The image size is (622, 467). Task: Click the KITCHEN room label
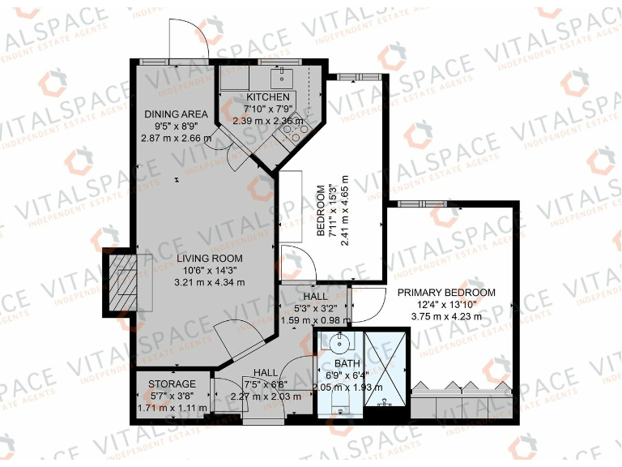tap(266, 97)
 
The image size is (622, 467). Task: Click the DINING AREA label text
tap(176, 114)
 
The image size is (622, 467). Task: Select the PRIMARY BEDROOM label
tap(445, 292)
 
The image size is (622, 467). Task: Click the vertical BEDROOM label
tap(321, 211)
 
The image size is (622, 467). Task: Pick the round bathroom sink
tap(339, 341)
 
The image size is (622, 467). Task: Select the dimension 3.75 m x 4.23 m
tap(445, 316)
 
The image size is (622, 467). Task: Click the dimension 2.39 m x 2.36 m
tap(269, 121)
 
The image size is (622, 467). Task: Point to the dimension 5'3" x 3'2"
tap(313, 308)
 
